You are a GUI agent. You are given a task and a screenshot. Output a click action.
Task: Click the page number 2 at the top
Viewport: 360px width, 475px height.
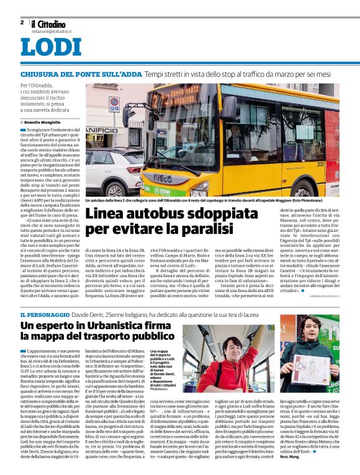point(22,22)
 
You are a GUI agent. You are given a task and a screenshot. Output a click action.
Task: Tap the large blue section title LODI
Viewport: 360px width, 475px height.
point(50,48)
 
